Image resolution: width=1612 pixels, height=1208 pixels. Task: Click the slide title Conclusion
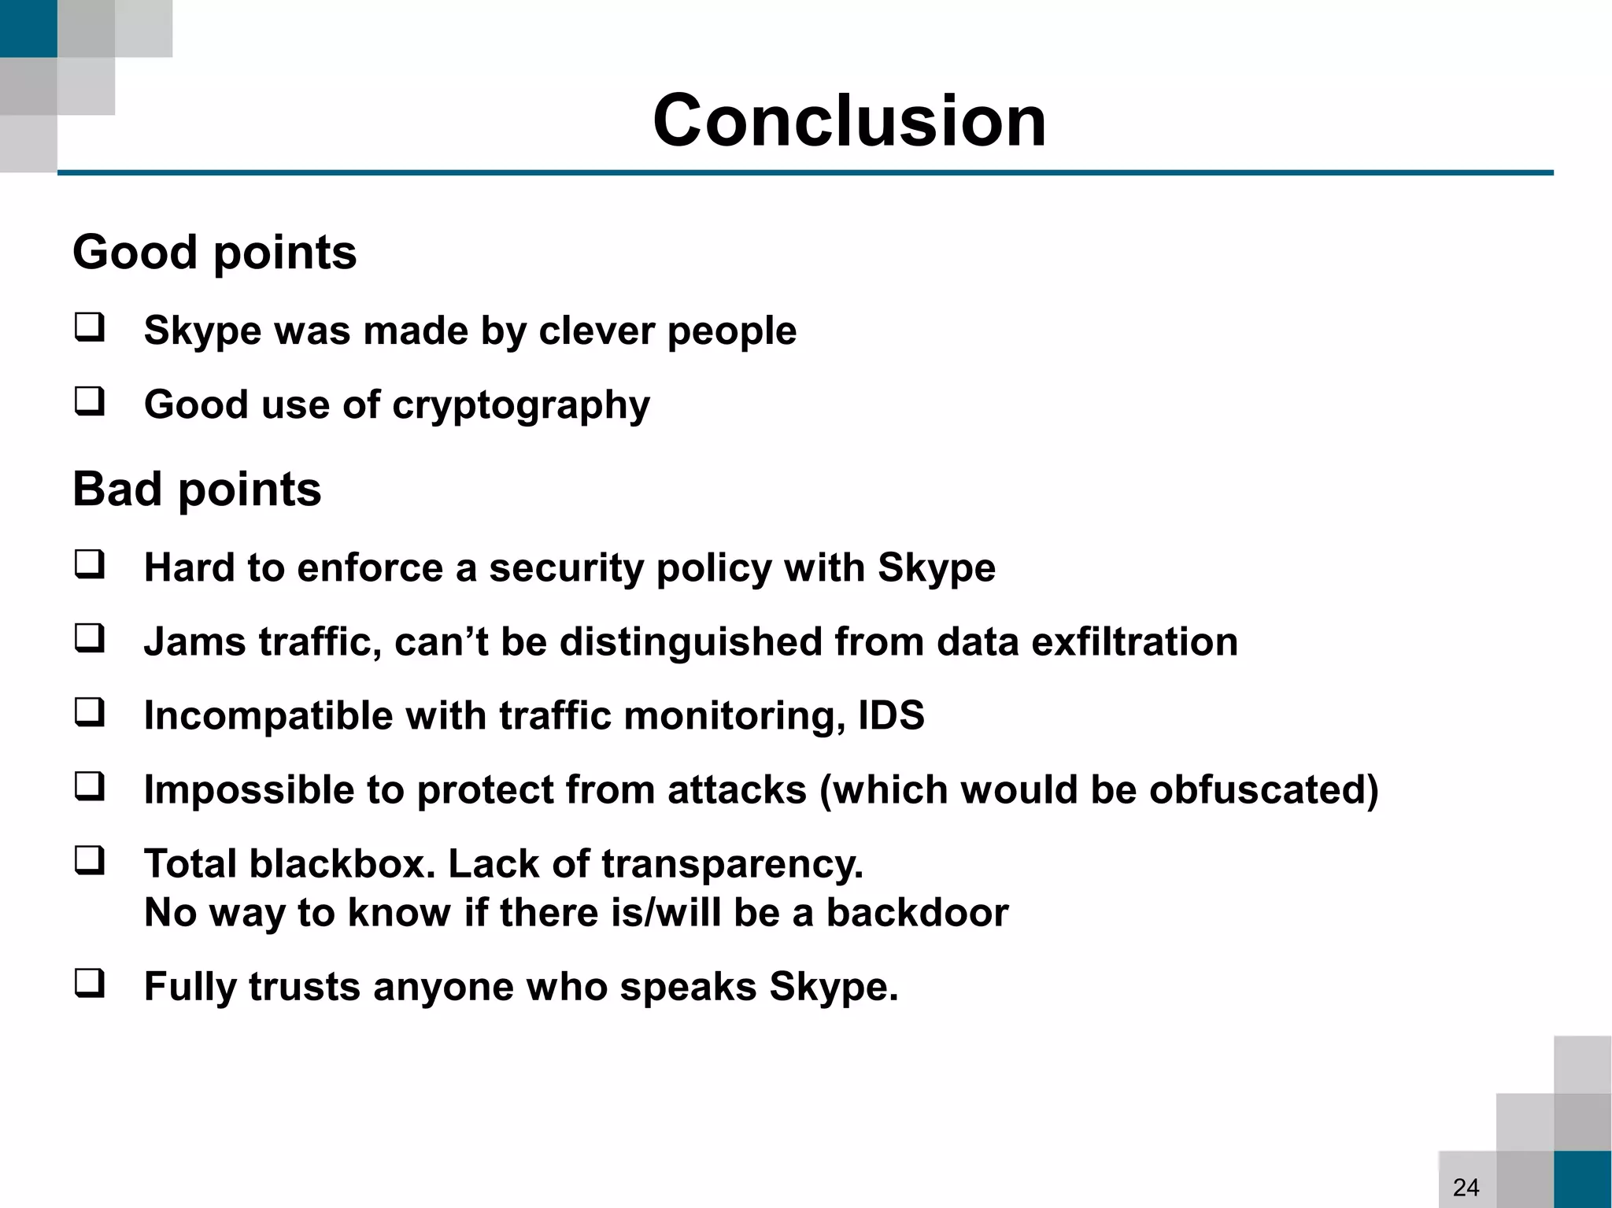849,120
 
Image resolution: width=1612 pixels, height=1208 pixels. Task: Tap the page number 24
1466,1187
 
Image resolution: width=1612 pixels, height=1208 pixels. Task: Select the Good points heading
214,253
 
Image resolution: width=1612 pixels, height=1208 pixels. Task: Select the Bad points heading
197,489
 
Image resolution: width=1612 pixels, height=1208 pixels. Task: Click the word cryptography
520,406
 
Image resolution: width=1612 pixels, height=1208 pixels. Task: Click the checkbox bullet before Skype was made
90,327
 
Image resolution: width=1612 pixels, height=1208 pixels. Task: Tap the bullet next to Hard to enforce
90,565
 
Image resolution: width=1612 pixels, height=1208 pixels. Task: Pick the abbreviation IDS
891,715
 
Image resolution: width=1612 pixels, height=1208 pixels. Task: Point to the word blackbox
342,863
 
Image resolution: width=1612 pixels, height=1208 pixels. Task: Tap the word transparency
732,865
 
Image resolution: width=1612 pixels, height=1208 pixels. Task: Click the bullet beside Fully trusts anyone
90,984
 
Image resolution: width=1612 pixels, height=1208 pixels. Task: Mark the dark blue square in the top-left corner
28,28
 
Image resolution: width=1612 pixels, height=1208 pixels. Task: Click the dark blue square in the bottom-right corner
1582,1179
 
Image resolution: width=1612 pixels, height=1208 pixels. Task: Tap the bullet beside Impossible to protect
90,787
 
